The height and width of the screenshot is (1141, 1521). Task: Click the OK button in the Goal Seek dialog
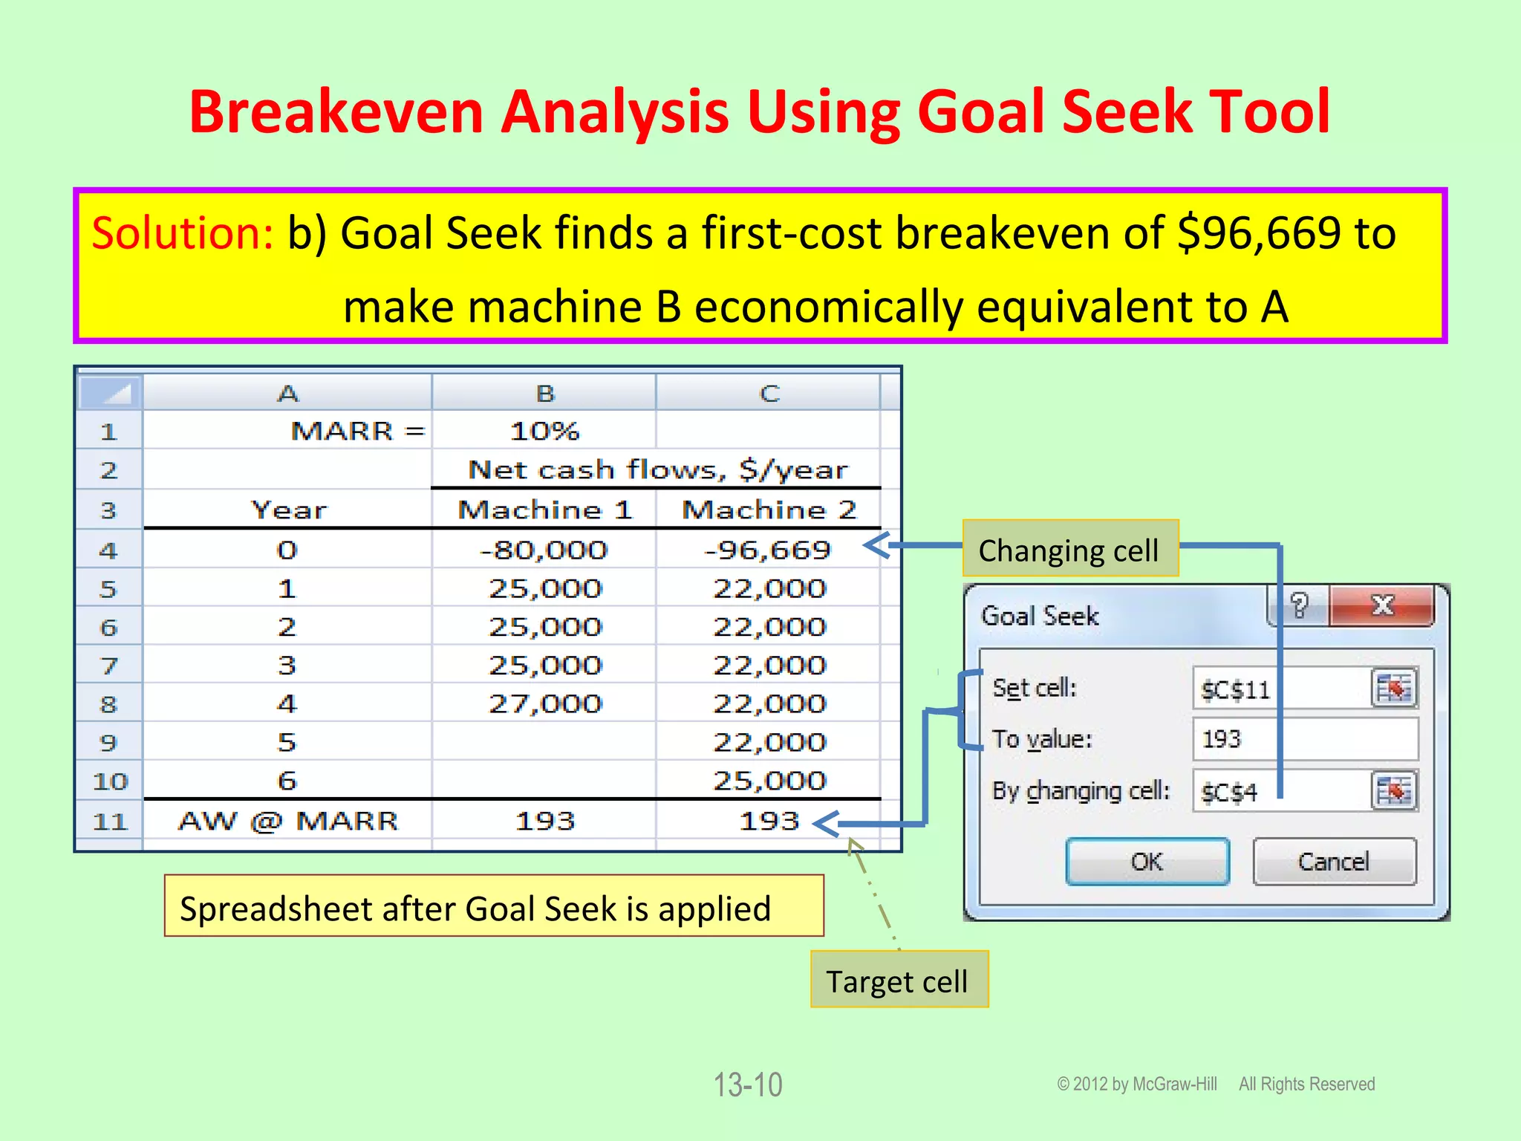(1147, 862)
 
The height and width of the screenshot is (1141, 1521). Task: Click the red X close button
(1382, 605)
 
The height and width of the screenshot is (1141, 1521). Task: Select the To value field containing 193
(1305, 739)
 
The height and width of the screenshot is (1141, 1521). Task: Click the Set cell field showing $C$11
(1281, 689)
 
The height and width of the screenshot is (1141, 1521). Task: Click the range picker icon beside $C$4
(1393, 791)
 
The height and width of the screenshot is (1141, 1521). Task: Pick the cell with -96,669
(768, 550)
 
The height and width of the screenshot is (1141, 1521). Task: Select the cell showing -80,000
(544, 550)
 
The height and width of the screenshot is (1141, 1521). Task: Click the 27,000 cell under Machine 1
(544, 703)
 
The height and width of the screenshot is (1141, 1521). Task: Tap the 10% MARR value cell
(544, 431)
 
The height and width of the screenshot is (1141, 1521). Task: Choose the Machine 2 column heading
(769, 510)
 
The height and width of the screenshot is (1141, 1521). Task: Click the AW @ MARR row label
(288, 821)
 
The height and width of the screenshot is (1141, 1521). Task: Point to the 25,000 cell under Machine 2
(769, 781)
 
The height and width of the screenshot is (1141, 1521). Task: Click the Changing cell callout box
(1069, 550)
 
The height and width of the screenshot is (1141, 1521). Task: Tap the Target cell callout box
(898, 981)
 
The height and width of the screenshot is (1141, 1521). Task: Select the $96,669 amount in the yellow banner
(1260, 233)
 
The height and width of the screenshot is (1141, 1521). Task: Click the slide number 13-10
(748, 1085)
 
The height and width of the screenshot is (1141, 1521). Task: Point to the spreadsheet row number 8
(108, 703)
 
